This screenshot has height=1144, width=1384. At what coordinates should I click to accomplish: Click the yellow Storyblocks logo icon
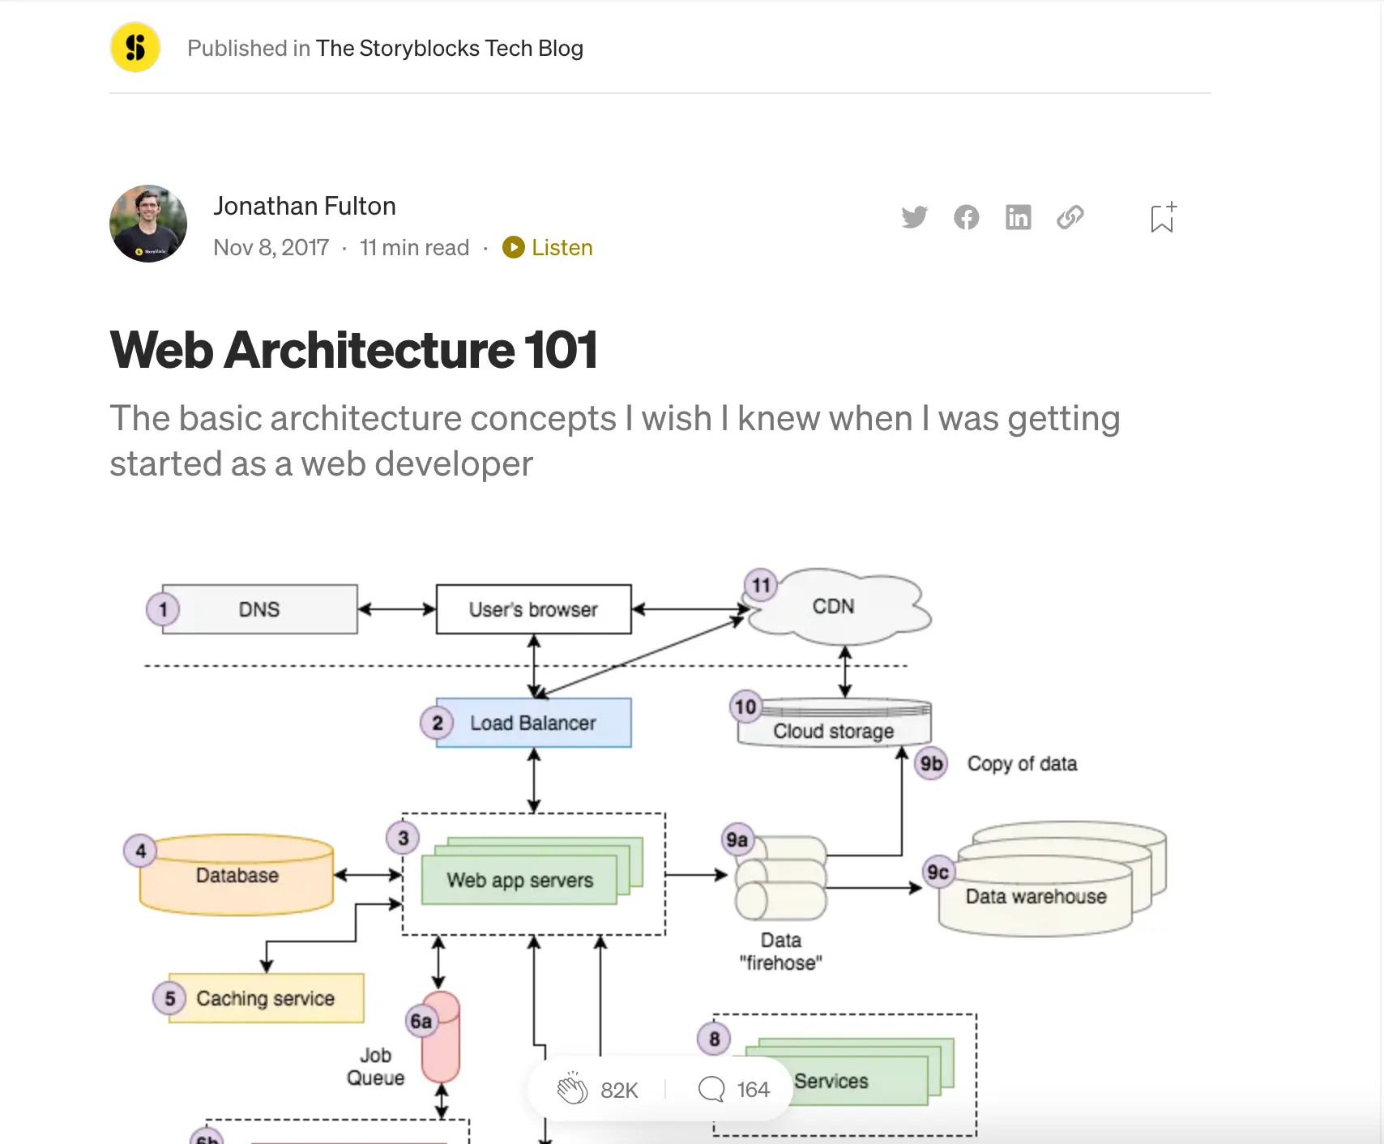(x=135, y=48)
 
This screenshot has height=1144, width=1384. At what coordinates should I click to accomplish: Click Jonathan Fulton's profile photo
(x=148, y=224)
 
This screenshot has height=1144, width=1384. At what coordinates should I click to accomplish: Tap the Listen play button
(x=513, y=247)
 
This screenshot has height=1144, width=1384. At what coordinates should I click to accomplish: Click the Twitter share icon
(x=914, y=217)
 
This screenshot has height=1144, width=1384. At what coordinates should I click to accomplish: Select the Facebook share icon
(x=966, y=217)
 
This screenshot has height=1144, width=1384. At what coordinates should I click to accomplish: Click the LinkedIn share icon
(x=1018, y=217)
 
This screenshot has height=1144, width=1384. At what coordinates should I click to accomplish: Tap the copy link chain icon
(x=1070, y=217)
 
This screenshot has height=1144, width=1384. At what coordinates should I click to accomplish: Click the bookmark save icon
(x=1162, y=218)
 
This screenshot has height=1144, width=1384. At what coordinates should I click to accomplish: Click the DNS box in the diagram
(x=259, y=609)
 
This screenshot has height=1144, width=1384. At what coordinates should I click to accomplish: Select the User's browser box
(x=533, y=609)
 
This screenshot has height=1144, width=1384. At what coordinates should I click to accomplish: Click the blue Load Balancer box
(x=533, y=723)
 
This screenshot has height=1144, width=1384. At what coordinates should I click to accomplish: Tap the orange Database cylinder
(x=237, y=876)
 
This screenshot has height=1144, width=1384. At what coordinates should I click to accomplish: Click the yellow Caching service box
(x=266, y=998)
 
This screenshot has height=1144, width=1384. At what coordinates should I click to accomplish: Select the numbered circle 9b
(x=931, y=763)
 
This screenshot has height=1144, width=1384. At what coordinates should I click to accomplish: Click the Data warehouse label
(x=1035, y=897)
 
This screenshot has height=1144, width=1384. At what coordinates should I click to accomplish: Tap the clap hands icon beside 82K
(x=572, y=1089)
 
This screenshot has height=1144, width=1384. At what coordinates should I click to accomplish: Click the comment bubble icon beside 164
(x=711, y=1089)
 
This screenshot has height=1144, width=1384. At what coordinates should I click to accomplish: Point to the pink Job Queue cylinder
(x=441, y=1039)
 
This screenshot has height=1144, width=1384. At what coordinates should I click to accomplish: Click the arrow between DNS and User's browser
(x=397, y=609)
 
